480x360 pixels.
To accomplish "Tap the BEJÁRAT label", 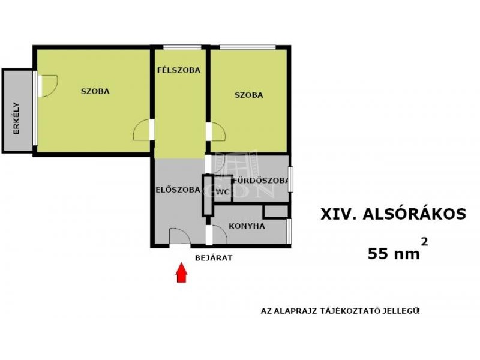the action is click(214, 258).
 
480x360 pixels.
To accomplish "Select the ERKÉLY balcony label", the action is click(16, 118).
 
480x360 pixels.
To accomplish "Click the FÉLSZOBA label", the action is click(179, 70).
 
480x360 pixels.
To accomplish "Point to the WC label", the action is click(223, 192).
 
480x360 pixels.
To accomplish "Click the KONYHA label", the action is click(247, 226).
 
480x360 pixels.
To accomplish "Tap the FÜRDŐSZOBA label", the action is click(261, 181).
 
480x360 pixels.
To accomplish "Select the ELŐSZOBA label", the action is click(178, 190).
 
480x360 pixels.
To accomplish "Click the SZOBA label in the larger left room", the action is click(95, 91).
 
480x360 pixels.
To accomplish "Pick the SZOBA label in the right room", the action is click(249, 95).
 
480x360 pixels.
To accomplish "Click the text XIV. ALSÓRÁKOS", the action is click(394, 214).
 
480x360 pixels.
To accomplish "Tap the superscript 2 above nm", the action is click(425, 242).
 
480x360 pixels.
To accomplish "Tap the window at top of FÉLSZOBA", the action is click(182, 47).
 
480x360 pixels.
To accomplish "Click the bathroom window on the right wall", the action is click(291, 179).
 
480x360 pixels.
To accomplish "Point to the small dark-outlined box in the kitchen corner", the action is click(276, 211).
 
